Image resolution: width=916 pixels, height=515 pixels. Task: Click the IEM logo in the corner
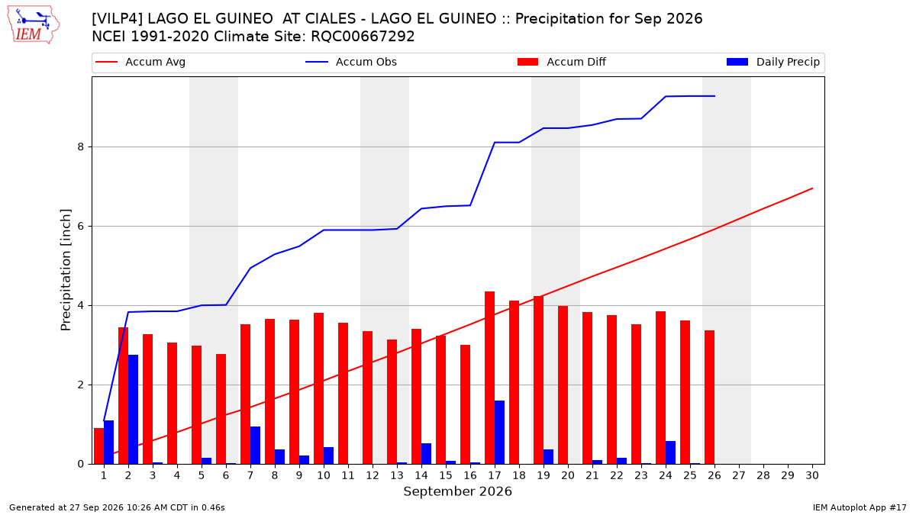[34, 25]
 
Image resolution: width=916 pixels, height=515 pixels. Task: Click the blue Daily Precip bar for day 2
[133, 410]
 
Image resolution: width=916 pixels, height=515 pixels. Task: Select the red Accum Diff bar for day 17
[489, 378]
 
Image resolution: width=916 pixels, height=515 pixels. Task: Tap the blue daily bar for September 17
[499, 433]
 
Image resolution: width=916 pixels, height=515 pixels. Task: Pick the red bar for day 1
[98, 446]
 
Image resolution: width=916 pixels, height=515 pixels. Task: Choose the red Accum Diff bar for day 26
[709, 398]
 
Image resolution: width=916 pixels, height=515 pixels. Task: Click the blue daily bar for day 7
[255, 446]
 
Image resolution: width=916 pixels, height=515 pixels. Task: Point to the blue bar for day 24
[670, 453]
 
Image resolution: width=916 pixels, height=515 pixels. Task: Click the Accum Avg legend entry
[140, 62]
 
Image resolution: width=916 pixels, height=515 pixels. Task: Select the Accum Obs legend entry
[351, 62]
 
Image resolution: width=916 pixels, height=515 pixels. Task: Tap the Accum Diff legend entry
[562, 62]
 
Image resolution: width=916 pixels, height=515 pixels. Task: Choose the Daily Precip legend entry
[772, 62]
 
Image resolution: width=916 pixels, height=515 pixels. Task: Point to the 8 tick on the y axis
[81, 146]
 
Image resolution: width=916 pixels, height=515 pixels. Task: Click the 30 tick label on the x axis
[812, 475]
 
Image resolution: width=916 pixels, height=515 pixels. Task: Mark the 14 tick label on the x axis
[421, 475]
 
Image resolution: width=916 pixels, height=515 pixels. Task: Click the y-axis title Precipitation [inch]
[66, 270]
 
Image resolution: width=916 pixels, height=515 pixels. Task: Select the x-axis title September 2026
[457, 491]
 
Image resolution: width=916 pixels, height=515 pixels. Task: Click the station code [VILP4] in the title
[118, 19]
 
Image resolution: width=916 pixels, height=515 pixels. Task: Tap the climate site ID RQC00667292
[363, 37]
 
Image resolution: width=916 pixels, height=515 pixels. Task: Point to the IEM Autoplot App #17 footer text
[860, 507]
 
